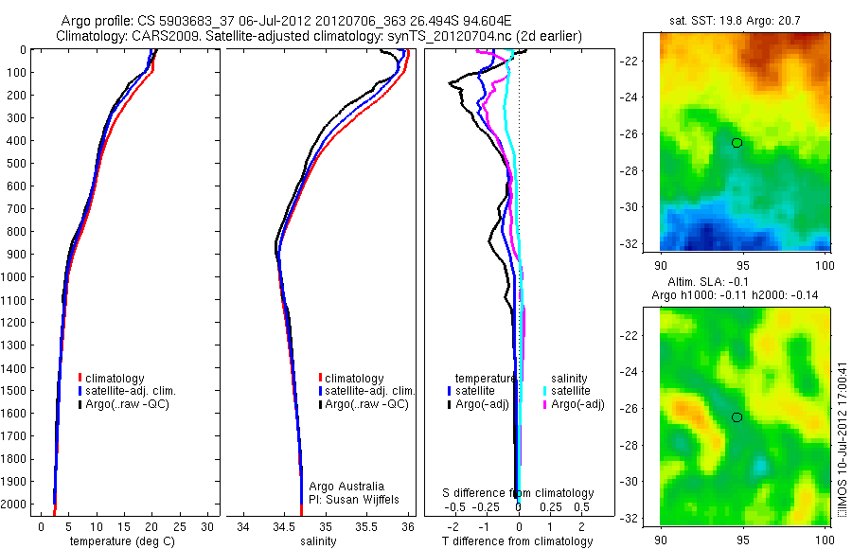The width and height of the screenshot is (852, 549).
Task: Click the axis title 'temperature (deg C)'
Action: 118,541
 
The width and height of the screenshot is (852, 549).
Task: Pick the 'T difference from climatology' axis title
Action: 518,541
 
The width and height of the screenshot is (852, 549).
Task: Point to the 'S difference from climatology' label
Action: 519,493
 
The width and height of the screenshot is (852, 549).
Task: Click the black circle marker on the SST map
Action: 737,142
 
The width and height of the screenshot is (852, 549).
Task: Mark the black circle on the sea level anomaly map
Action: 737,416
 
